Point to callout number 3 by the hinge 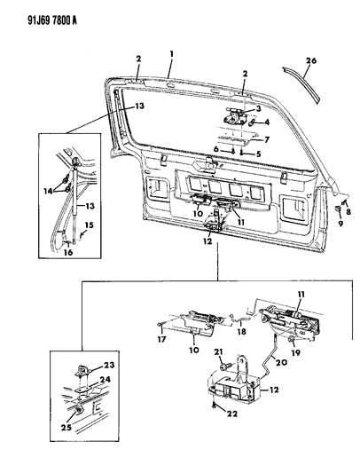pyautogui.click(x=259, y=110)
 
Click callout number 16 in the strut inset pyautogui.click(x=68, y=253)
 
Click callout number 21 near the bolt pyautogui.click(x=216, y=353)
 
